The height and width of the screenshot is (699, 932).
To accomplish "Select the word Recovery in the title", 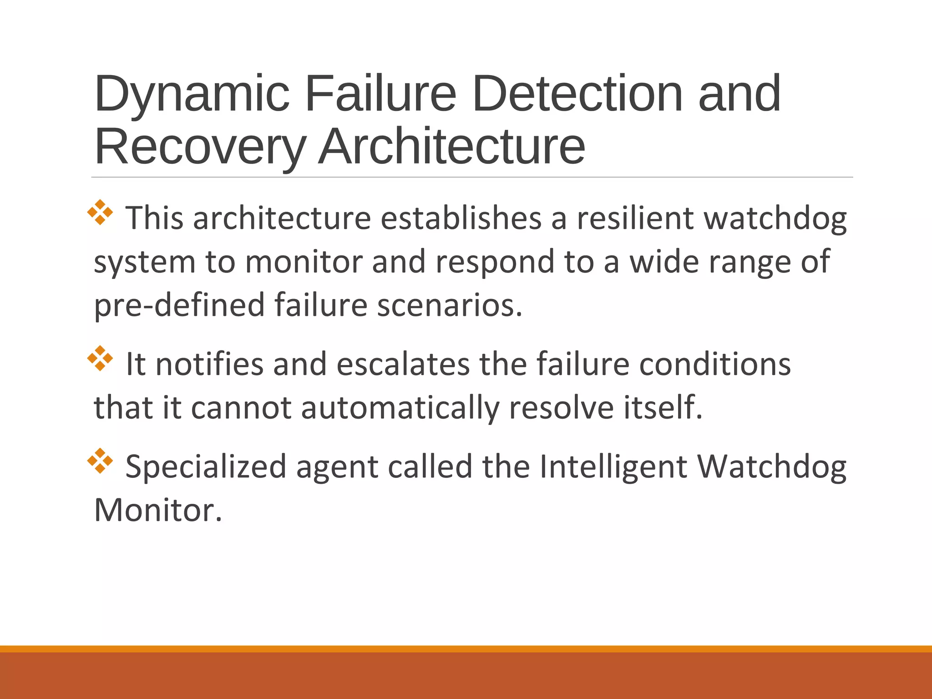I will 200,147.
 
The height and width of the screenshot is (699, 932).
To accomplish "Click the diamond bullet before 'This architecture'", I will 100,213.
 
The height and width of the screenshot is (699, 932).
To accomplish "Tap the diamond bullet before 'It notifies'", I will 100,359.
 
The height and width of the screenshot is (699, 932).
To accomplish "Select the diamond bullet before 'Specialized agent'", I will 100,461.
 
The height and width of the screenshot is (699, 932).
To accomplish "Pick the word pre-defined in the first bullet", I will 179,304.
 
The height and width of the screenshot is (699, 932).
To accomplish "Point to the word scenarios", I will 450,304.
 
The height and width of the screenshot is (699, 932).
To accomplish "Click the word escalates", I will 403,364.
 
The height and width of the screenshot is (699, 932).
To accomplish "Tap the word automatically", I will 400,407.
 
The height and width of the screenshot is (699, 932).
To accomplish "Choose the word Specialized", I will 206,467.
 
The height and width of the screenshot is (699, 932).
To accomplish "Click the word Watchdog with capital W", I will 772,467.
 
